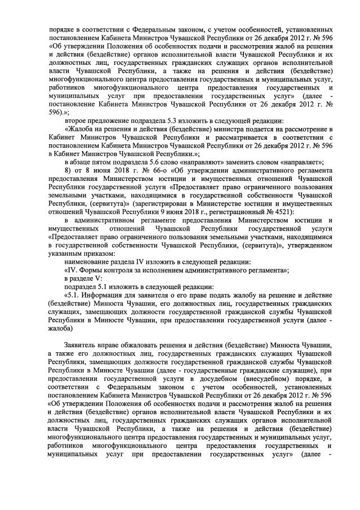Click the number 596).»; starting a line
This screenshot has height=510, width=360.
pyautogui.click(x=60, y=112)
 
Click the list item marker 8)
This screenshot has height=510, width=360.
pyautogui.click(x=68, y=170)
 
